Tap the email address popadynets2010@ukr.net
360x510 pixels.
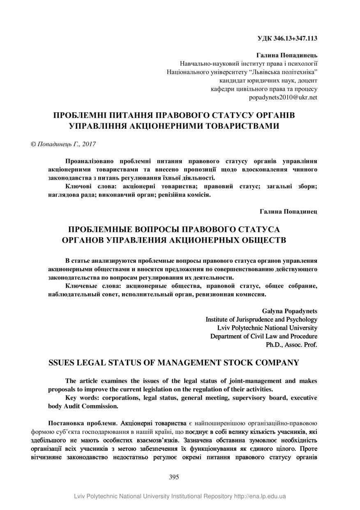pyautogui.click(x=283, y=97)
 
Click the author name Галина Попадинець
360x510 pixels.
pyautogui.click(x=287, y=55)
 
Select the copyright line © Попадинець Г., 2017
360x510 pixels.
pyautogui.click(x=63, y=144)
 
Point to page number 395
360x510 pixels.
pyautogui.click(x=174, y=477)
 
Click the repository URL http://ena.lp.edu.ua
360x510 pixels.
pyautogui.click(x=260, y=496)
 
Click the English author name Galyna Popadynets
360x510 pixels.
pyautogui.click(x=289, y=311)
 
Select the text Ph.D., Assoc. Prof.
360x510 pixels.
pyautogui.click(x=291, y=345)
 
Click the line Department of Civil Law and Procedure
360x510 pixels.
pyautogui.click(x=263, y=336)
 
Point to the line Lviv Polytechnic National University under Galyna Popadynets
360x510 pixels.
pyautogui.click(x=267, y=328)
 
